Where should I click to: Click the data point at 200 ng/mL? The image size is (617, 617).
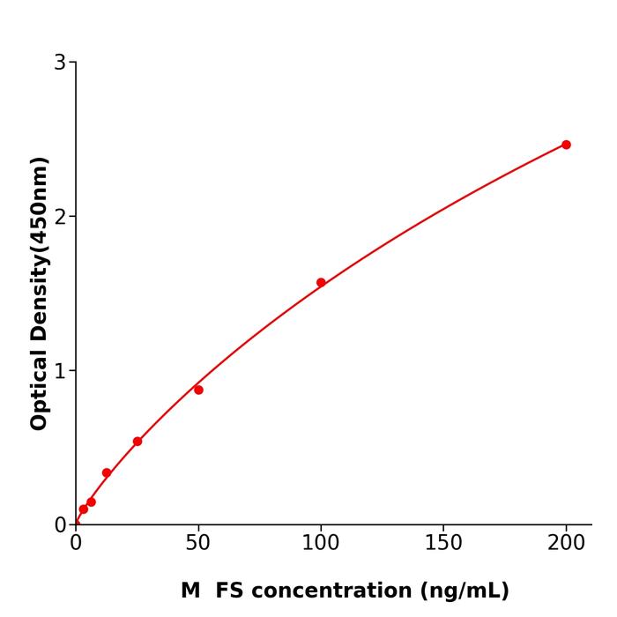(566, 145)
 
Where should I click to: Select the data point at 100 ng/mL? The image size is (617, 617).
(321, 283)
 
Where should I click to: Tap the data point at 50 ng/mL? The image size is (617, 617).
(198, 390)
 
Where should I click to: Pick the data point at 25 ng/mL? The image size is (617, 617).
(138, 442)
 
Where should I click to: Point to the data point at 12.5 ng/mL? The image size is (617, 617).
(107, 473)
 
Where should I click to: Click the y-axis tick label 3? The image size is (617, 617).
(60, 63)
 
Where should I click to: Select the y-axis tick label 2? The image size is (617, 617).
(60, 217)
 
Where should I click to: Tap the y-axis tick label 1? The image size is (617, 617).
(60, 371)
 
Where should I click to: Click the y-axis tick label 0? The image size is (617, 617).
(60, 525)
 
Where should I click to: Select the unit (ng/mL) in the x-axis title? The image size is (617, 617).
(464, 591)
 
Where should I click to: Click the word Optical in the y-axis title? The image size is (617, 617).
(39, 390)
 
